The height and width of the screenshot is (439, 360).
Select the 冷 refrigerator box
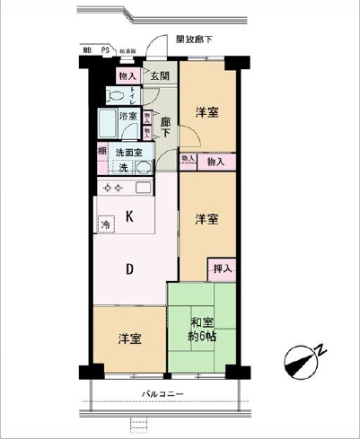pyautogui.click(x=106, y=224)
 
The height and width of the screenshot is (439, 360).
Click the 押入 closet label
pyautogui.click(x=222, y=268)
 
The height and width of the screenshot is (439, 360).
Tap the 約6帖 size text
pyautogui.click(x=201, y=338)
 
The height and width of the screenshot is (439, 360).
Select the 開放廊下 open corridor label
pyautogui.click(x=193, y=40)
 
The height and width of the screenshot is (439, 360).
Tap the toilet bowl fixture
pyautogui.click(x=115, y=96)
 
